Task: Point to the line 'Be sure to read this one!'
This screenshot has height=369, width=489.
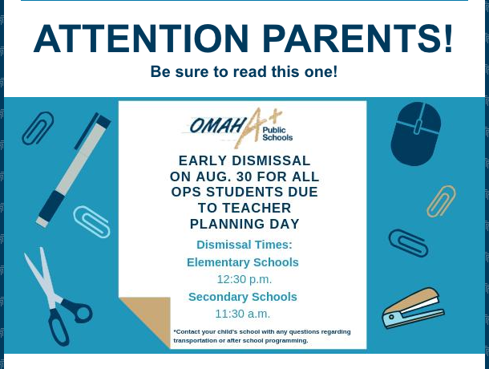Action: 244,72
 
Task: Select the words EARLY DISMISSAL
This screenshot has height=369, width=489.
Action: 244,160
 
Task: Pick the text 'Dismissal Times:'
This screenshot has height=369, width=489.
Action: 244,245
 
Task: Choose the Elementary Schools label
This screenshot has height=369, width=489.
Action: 243,262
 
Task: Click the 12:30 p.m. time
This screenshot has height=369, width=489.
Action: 244,280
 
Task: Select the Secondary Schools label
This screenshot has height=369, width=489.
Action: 243,297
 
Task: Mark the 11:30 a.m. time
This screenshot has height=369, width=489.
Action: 243,314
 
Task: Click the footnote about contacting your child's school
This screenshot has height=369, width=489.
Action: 262,336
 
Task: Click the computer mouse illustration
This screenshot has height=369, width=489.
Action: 415,133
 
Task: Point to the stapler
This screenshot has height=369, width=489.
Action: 413,309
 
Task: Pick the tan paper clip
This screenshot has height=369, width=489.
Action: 441,201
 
